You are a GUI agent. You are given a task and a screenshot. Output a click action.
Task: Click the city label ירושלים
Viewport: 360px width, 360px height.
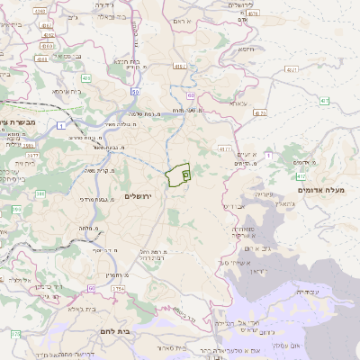point(139,195)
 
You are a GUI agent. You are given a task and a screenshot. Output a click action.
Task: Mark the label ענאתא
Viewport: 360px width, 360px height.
point(237,104)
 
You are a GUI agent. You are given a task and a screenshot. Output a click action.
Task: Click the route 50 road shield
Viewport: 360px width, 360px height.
point(134,91)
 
